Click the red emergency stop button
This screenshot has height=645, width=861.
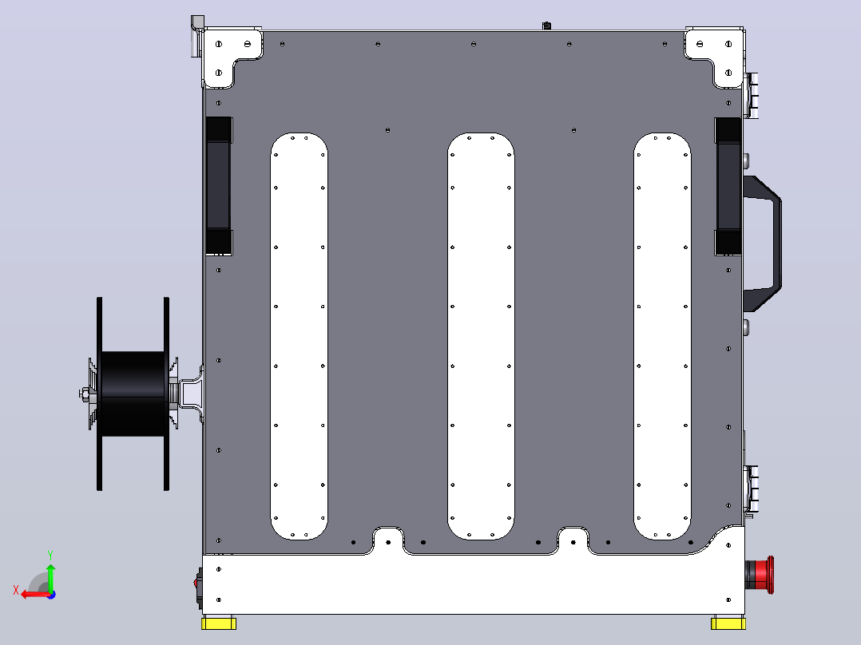(760, 575)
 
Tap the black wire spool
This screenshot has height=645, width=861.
(133, 394)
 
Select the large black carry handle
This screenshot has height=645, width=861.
(764, 243)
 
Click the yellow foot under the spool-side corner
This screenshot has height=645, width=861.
(219, 623)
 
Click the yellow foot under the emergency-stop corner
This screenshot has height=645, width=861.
(728, 623)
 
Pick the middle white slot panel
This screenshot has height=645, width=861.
(481, 336)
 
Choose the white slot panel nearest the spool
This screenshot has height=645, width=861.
(300, 336)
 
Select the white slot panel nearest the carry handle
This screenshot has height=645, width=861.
(662, 336)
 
